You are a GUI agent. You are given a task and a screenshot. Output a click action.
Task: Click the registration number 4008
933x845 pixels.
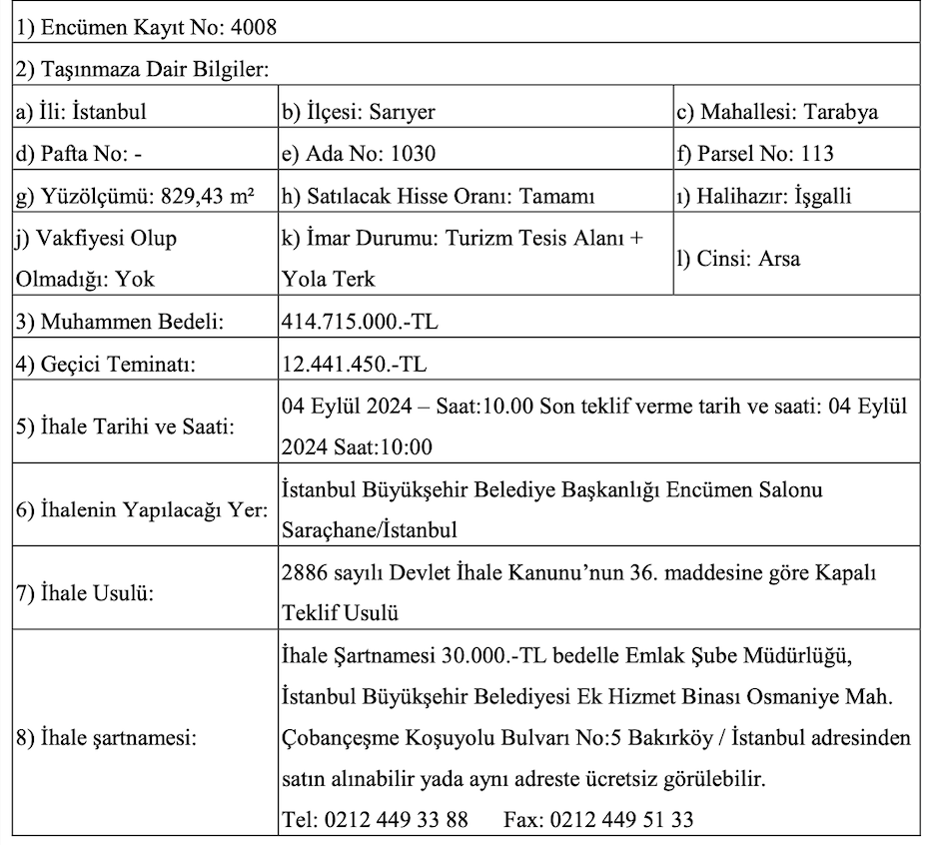click(255, 27)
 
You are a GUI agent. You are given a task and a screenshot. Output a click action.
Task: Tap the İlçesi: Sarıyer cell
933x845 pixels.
click(358, 112)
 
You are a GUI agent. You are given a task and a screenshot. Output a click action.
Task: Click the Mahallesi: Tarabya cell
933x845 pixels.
click(777, 112)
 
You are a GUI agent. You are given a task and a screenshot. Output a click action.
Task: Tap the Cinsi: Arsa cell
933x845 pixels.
click(738, 259)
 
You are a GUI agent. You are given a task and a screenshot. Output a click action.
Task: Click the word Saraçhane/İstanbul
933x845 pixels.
click(371, 528)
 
